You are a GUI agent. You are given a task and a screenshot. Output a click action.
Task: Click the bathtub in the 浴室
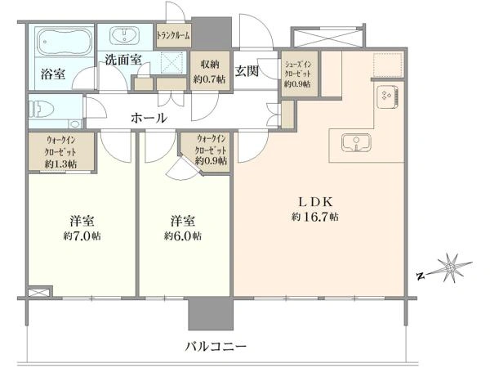[65, 41]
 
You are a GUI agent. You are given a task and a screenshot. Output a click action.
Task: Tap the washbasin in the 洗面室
[125, 34]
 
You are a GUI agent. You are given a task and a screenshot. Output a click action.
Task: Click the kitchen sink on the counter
[356, 143]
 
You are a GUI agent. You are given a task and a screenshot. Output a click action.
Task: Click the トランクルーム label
[173, 36]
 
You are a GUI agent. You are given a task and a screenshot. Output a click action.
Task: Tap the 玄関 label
[247, 71]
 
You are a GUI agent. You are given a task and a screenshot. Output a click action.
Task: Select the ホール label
[149, 118]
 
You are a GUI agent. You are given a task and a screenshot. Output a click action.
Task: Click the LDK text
[315, 202]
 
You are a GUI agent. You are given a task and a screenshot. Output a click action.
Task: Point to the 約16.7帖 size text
[315, 217]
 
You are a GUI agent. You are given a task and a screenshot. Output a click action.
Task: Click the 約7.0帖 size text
[82, 236]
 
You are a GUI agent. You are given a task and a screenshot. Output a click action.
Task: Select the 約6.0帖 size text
[183, 236]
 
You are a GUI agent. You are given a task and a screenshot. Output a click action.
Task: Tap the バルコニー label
[216, 347]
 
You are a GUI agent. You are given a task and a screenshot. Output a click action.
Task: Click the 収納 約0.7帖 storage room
[210, 70]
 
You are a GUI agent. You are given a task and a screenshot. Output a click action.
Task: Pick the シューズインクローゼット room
[300, 74]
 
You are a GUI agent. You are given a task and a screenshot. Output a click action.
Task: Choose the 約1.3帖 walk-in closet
[61, 151]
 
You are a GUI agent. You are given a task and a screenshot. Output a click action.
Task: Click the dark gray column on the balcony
[211, 313]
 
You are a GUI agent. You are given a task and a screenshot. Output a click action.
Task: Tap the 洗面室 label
[123, 60]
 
